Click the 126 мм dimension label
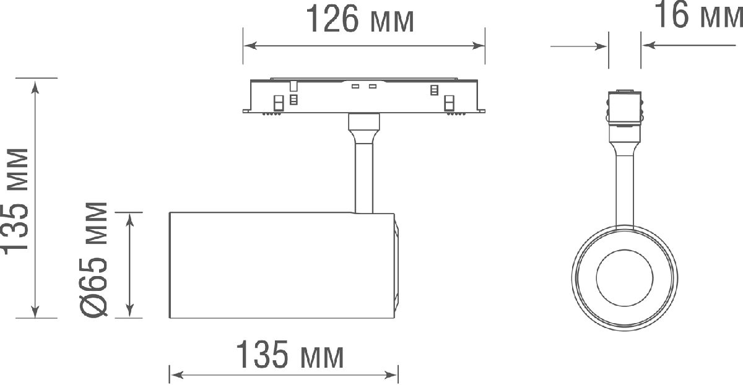coord(360,20)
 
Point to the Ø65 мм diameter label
coord(95,259)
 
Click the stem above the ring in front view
coord(625,186)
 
